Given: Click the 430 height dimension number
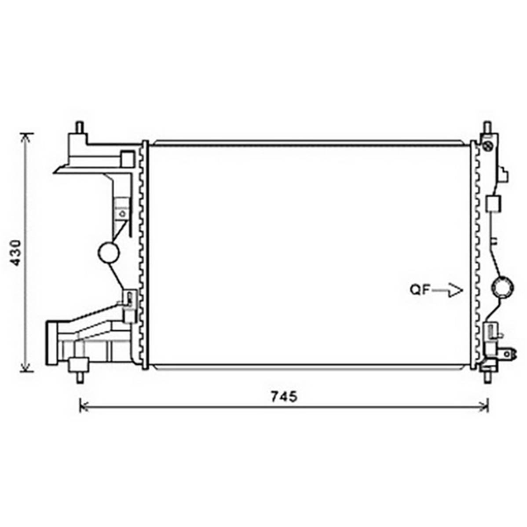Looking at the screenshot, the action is pos(15,253).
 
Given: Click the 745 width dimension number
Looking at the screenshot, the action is pos(284,397).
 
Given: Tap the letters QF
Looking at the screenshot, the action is pos(420,289).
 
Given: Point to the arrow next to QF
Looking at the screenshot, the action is pos(447,290).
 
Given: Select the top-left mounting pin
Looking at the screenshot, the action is pos(79,128).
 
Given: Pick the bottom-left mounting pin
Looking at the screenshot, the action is pos(80,377).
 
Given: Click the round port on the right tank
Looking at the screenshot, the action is pos(503,287).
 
